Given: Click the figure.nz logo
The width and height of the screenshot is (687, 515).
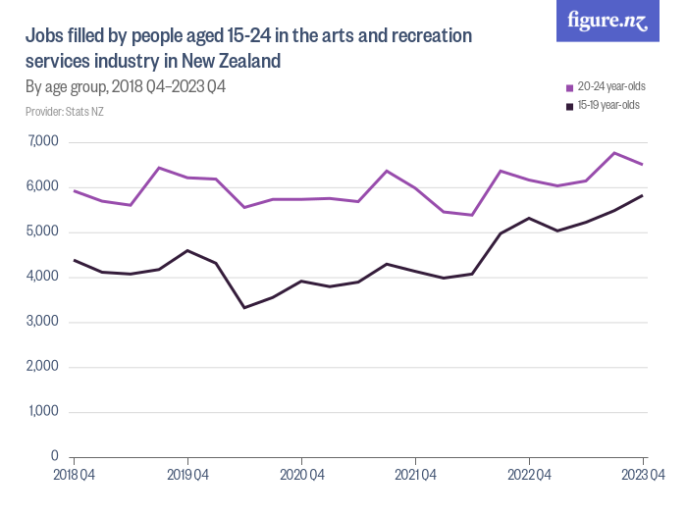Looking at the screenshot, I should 608,21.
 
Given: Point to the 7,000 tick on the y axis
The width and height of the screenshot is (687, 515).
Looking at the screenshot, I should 42,142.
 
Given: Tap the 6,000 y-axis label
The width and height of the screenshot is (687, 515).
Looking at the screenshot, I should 42,187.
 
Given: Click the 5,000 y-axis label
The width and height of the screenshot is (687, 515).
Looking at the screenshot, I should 42,232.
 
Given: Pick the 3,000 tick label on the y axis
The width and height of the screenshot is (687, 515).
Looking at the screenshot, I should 42,322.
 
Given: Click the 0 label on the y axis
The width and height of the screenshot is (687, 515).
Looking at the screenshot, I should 54,457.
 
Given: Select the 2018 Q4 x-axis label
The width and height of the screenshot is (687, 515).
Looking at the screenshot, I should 74,476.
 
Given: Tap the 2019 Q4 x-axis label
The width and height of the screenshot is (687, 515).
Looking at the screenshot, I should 187,476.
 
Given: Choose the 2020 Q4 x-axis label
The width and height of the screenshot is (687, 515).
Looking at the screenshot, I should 301,476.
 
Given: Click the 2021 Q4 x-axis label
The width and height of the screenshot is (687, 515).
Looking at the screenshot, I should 415,476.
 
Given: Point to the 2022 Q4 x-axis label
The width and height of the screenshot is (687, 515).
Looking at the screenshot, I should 529,476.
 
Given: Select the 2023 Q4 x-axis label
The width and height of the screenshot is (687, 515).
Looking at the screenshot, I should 643,476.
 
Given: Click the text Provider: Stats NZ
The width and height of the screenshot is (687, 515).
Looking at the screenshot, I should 64,112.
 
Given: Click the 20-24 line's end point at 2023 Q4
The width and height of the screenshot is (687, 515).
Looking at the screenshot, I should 643,165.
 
